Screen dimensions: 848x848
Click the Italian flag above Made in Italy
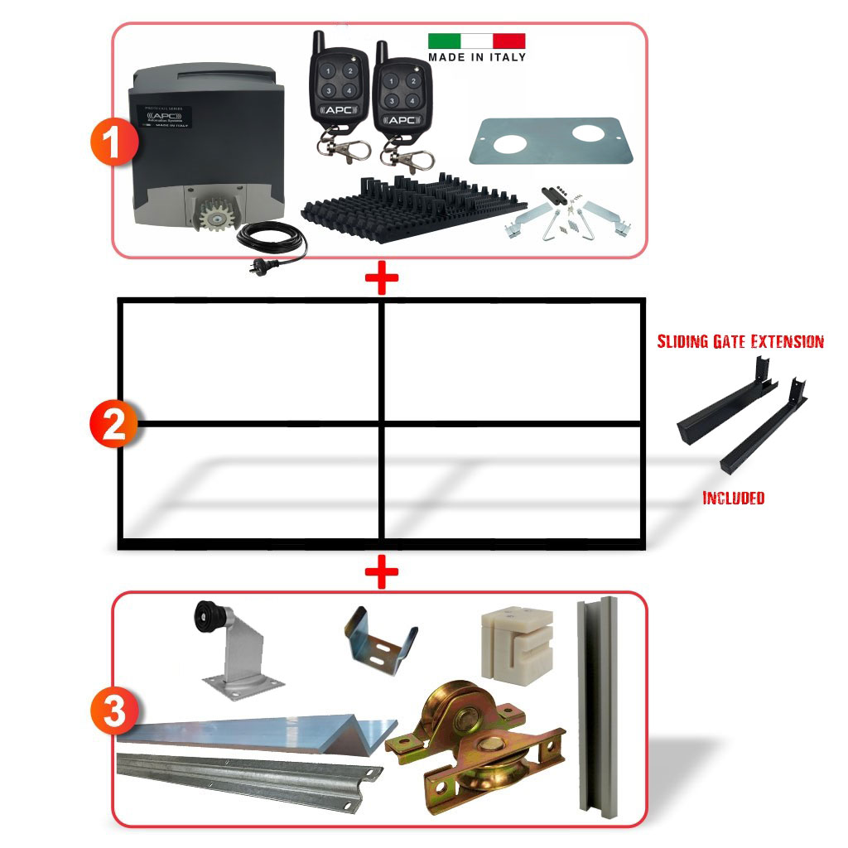(476, 41)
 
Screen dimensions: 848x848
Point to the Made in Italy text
(476, 57)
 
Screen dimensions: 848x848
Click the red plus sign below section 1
(382, 280)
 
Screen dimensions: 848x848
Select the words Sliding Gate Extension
(740, 341)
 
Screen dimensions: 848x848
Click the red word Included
(733, 498)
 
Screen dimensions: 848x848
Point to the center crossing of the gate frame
(382, 424)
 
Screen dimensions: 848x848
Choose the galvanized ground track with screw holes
(248, 770)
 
